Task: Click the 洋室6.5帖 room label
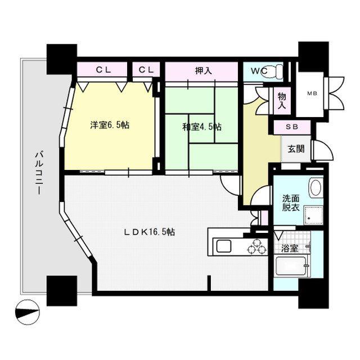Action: pos(110,125)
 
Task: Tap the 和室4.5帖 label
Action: pos(202,127)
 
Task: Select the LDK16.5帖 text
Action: pos(150,232)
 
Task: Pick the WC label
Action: pos(259,71)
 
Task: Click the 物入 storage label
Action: pos(282,101)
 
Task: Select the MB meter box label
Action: pos(312,93)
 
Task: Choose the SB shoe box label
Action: pos(292,127)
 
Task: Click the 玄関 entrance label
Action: pos(296,148)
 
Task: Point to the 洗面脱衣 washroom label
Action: pos(291,202)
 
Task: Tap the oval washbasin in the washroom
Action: pos(315,187)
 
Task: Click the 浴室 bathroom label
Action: pos(290,248)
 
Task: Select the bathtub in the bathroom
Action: pos(291,266)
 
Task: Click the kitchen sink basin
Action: pos(224,246)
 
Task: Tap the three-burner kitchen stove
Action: pos(257,247)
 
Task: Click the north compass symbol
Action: pos(28,312)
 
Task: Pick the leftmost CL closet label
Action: pos(103,70)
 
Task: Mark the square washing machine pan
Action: pos(313,215)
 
